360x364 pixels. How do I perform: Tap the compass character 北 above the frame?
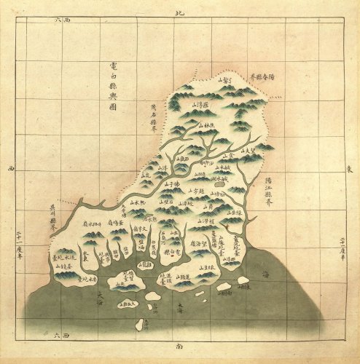[181, 12]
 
